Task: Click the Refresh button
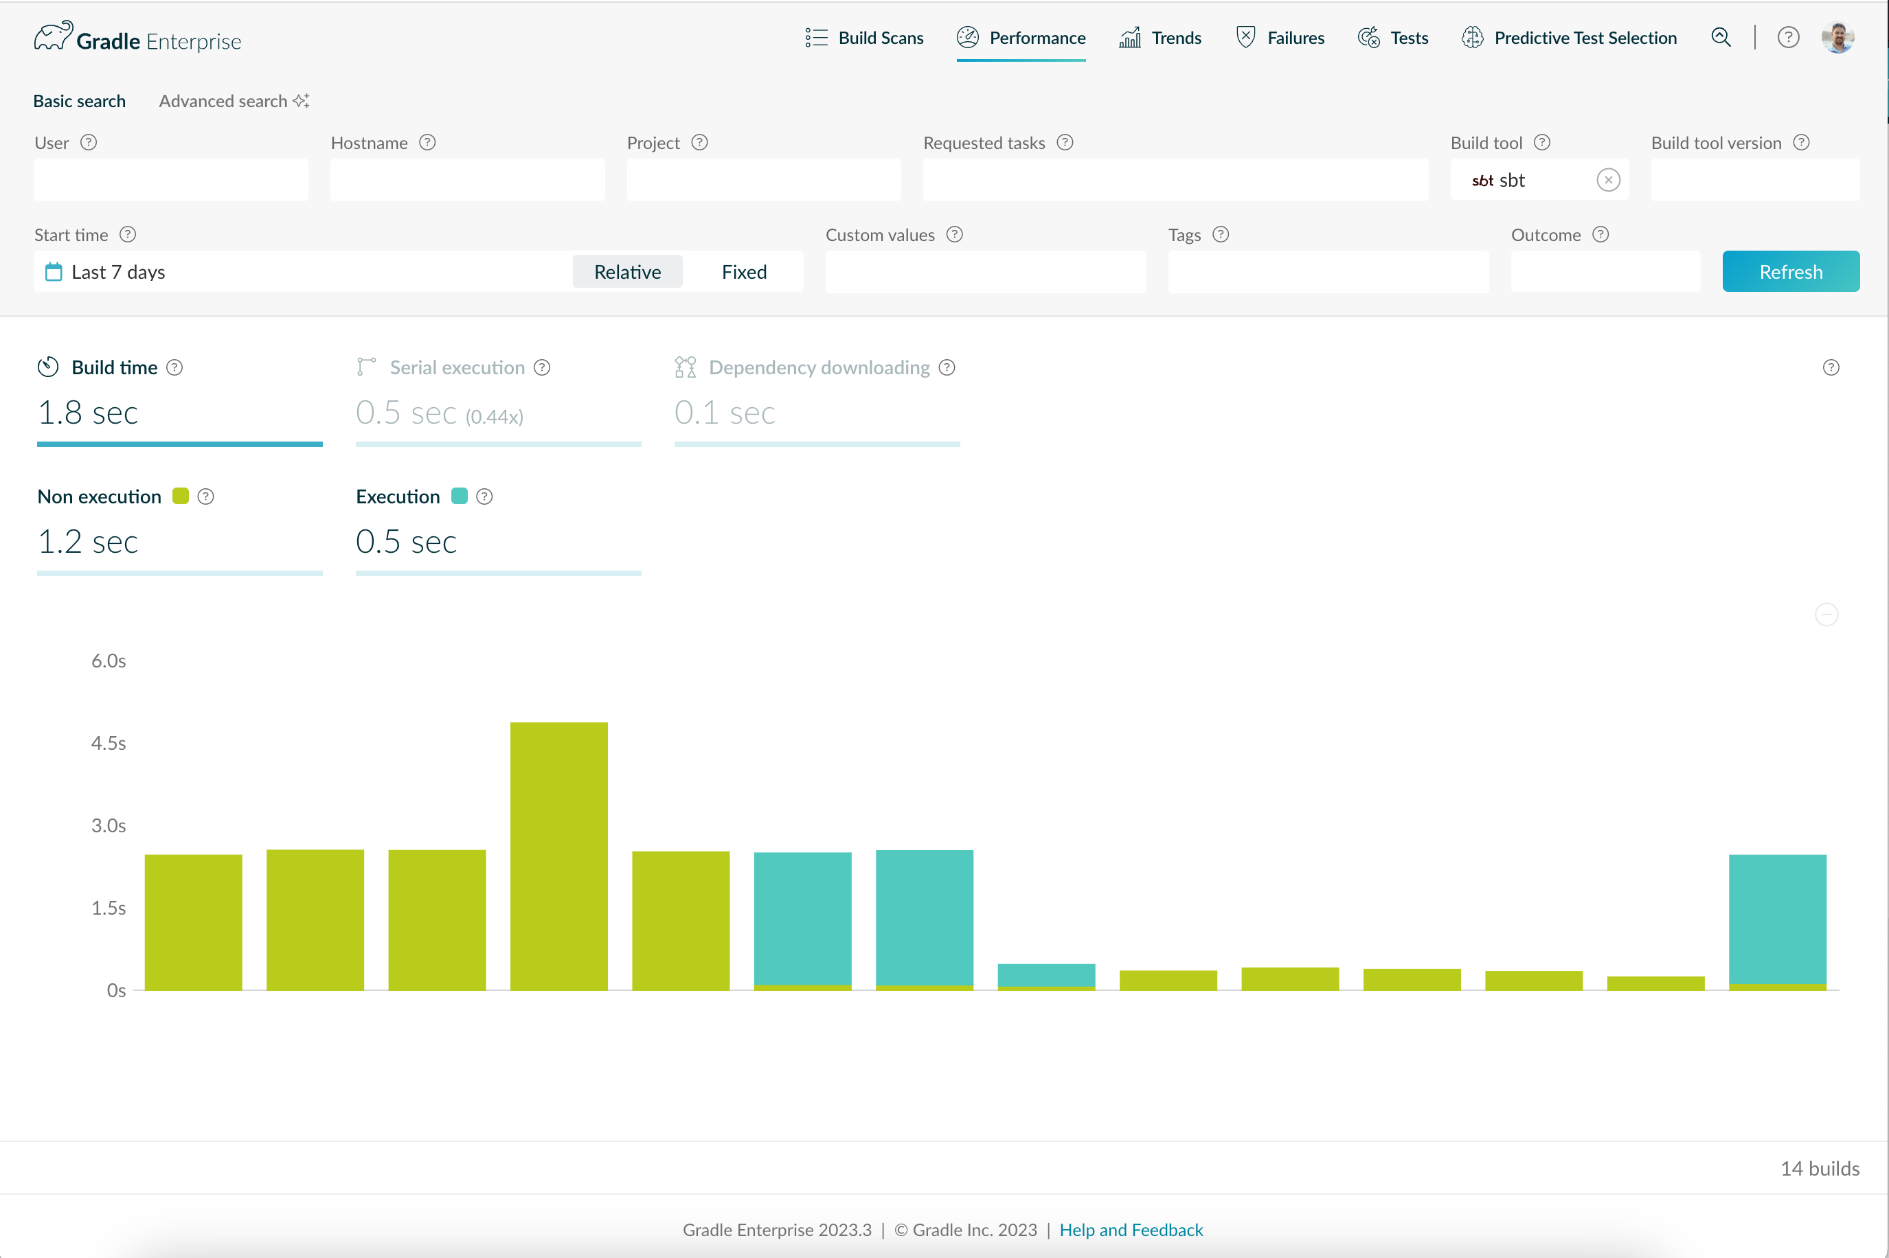[x=1790, y=271]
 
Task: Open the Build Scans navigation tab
[x=864, y=38]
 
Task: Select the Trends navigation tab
[x=1160, y=38]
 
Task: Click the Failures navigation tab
[x=1280, y=38]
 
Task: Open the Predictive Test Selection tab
[x=1569, y=38]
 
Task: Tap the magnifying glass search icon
[x=1721, y=37]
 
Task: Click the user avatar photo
[x=1837, y=37]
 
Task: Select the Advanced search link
[x=234, y=101]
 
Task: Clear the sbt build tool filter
[x=1608, y=180]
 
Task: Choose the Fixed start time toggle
[x=744, y=272]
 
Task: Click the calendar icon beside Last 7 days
[x=54, y=272]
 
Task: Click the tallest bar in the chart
[x=558, y=856]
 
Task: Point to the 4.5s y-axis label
[x=109, y=743]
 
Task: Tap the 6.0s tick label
[x=109, y=661]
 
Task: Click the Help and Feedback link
[x=1131, y=1229]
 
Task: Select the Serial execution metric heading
[x=457, y=367]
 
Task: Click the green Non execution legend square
[x=181, y=496]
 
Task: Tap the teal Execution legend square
[x=459, y=496]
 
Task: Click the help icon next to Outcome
[x=1600, y=234]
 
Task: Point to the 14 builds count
[x=1819, y=1168]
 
